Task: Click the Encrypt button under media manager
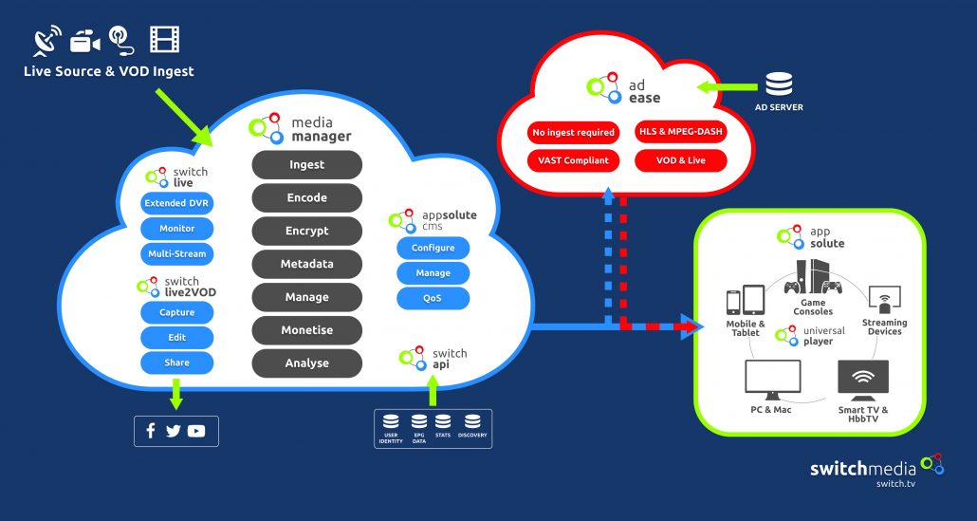[x=306, y=231]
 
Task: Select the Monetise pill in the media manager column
[x=306, y=330]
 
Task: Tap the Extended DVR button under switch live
[x=176, y=203]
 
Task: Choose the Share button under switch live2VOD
[x=176, y=363]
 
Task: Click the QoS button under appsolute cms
[x=433, y=298]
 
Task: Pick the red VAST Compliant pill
[x=572, y=160]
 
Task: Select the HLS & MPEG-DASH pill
[x=680, y=132]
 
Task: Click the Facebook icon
[x=150, y=431]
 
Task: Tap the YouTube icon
[x=196, y=431]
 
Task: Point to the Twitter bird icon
[x=173, y=431]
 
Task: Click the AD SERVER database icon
[x=779, y=84]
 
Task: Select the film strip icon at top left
[x=164, y=40]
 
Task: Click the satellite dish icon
[x=46, y=41]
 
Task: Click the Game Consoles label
[x=813, y=307]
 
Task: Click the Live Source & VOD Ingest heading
[x=108, y=71]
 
